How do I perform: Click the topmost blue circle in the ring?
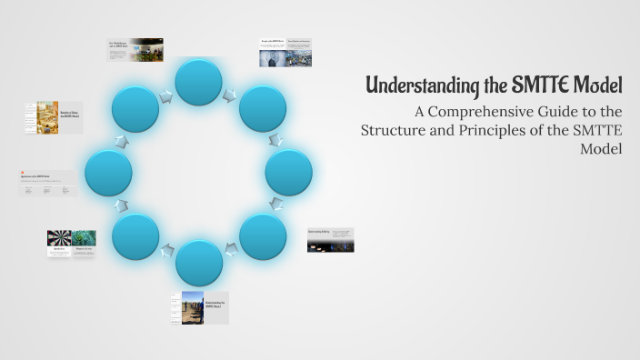pyautogui.click(x=199, y=82)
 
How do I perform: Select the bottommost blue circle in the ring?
pyautogui.click(x=199, y=263)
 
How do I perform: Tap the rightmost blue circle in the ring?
pyautogui.click(x=289, y=173)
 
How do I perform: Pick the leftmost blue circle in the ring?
pyautogui.click(x=108, y=173)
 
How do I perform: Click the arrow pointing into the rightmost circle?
pyautogui.click(x=276, y=140)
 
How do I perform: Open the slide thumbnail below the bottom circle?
pyautogui.click(x=199, y=307)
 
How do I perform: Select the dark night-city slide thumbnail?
pyautogui.click(x=331, y=240)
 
